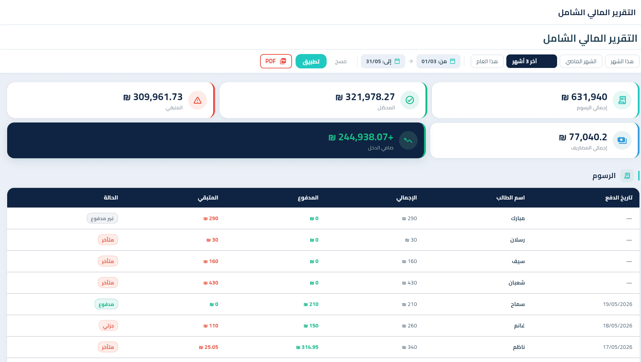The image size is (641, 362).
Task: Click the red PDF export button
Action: pyautogui.click(x=276, y=61)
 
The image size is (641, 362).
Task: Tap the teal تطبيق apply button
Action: pyautogui.click(x=311, y=61)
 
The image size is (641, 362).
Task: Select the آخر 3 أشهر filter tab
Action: pyautogui.click(x=531, y=61)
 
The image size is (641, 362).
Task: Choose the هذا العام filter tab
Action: pyautogui.click(x=487, y=61)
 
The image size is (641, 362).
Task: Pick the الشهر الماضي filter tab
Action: pyautogui.click(x=581, y=61)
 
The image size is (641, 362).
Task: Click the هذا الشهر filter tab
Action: pyautogui.click(x=622, y=61)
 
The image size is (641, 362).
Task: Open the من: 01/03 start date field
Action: pyautogui.click(x=438, y=61)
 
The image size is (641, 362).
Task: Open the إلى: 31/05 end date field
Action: pyautogui.click(x=383, y=61)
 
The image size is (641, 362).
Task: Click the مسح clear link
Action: pyautogui.click(x=340, y=62)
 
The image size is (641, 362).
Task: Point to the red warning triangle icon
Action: pyautogui.click(x=198, y=101)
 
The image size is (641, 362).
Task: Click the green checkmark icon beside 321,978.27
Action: pyautogui.click(x=410, y=100)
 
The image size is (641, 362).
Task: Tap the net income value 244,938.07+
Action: pyautogui.click(x=361, y=137)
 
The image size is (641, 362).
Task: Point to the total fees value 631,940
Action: pyautogui.click(x=584, y=97)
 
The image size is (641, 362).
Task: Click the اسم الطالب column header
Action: pyautogui.click(x=510, y=197)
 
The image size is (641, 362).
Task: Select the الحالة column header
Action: pyautogui.click(x=111, y=197)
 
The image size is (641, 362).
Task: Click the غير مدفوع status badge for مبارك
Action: pyautogui.click(x=103, y=219)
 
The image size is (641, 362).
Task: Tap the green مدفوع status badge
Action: pyautogui.click(x=106, y=304)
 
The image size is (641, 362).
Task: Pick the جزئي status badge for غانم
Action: pyautogui.click(x=109, y=326)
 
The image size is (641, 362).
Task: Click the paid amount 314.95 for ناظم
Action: pyautogui.click(x=307, y=347)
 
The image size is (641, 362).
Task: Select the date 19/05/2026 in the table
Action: pyautogui.click(x=618, y=304)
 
